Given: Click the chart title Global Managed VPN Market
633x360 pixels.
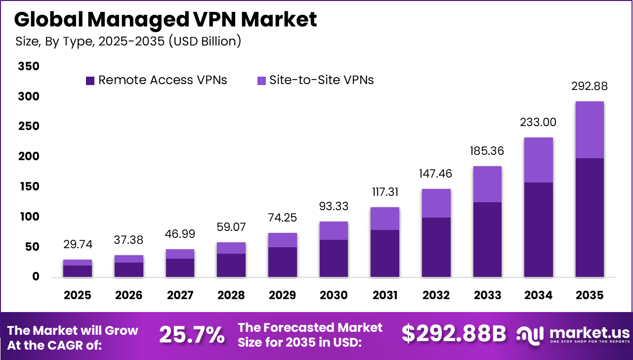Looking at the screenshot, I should [165, 19].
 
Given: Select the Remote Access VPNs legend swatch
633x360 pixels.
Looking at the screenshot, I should [90, 81].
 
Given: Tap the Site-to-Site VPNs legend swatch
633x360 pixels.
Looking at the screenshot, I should [261, 81].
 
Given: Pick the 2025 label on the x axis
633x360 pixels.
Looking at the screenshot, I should [78, 295].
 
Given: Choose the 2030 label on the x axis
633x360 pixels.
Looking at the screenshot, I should [334, 295].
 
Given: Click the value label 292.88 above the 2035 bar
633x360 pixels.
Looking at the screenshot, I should [589, 87].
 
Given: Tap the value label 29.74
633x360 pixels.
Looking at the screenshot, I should [78, 244].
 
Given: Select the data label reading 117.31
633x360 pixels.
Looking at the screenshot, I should [385, 192].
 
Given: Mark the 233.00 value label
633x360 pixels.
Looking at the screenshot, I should [538, 122].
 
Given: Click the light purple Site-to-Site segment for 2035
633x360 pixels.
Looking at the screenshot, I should [590, 130].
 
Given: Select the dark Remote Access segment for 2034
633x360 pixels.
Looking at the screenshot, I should [538, 229].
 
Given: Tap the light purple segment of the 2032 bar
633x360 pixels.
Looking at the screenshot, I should [436, 203].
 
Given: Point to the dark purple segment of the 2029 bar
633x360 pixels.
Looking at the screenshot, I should [283, 262].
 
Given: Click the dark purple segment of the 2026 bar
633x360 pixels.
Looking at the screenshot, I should [129, 270].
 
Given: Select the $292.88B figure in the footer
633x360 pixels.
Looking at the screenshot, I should [453, 335].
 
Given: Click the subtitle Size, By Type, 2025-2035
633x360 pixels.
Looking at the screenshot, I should [128, 41].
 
